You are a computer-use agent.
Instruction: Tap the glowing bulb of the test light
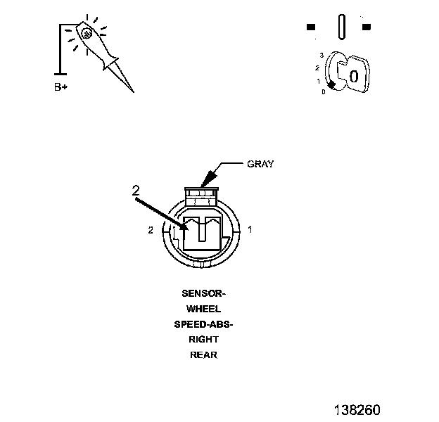coord(85,33)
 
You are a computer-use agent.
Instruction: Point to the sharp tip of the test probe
coord(132,91)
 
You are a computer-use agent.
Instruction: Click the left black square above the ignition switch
coord(311,27)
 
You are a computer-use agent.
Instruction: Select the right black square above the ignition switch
coord(366,27)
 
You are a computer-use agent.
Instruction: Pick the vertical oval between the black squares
coord(341,27)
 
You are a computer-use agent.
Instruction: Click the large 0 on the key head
coord(354,75)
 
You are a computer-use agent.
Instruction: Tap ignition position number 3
coord(321,55)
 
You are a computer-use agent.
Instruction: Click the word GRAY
coord(260,164)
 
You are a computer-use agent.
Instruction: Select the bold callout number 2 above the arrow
coord(136,190)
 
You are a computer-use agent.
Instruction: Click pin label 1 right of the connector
coord(250,229)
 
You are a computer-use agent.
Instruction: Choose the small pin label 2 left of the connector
coord(151,230)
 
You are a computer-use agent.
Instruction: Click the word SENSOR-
coord(203,293)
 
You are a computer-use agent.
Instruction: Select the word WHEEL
coord(203,309)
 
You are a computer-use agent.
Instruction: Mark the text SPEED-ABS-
coord(203,324)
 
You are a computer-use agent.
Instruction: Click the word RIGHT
coord(203,340)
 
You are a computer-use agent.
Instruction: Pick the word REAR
coord(203,355)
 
